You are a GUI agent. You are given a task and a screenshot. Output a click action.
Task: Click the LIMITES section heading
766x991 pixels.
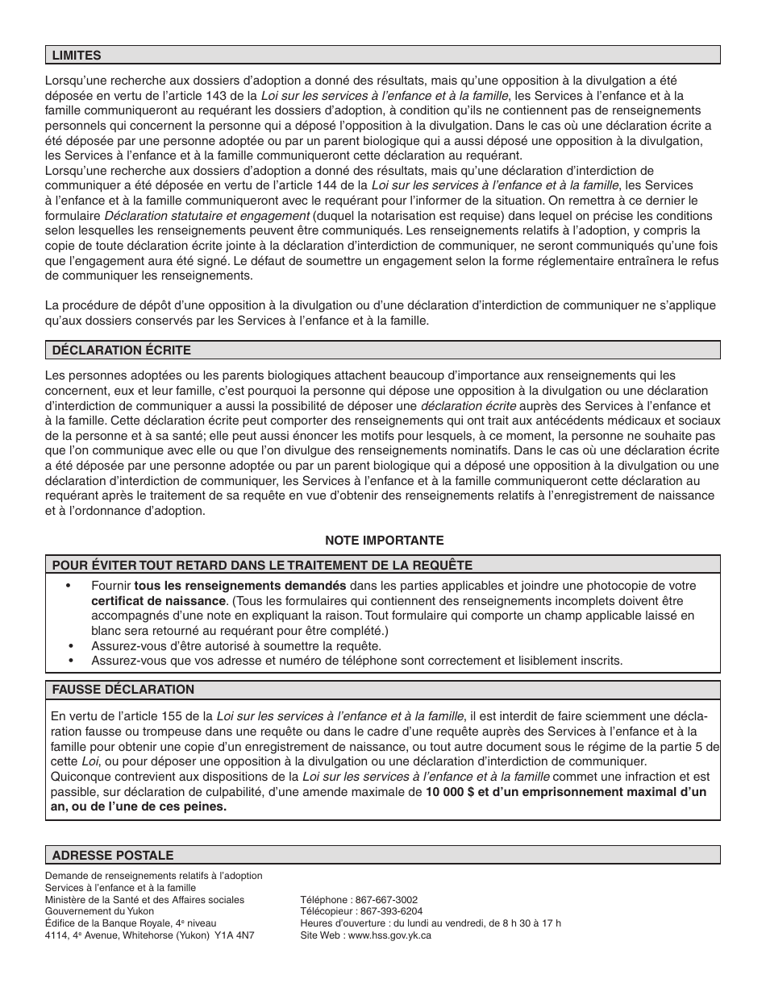pos(77,56)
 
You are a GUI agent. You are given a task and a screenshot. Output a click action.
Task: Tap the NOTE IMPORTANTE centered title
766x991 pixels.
pos(384,541)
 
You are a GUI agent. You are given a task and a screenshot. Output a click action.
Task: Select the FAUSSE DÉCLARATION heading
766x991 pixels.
pos(123,690)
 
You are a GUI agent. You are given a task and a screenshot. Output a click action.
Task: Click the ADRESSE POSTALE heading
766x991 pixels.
pos(112,856)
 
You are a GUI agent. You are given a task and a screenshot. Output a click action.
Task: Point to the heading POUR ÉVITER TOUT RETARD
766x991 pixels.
pos(262,566)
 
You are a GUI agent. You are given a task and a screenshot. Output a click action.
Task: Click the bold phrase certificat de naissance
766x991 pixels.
pos(158,601)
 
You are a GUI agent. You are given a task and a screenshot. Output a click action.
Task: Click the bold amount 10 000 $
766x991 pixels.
pos(450,792)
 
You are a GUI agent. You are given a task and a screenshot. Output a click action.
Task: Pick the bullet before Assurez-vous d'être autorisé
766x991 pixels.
pos(71,646)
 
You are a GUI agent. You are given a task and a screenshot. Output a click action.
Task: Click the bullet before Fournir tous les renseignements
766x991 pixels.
pos(71,587)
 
